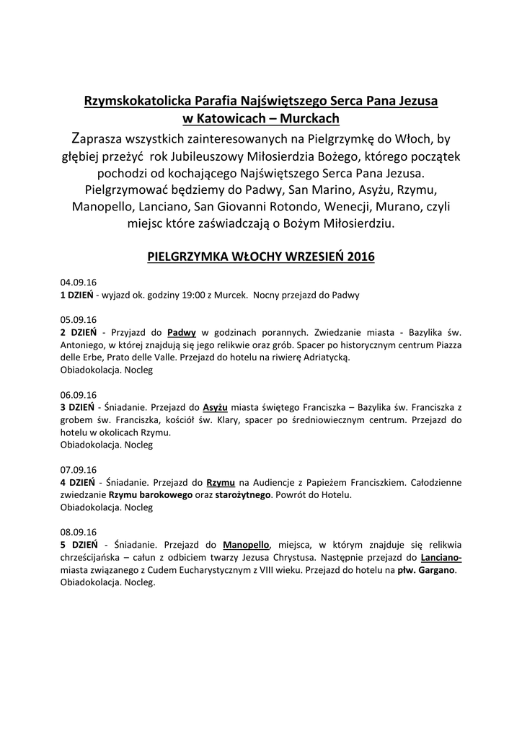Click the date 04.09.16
[x=79, y=282]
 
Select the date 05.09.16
[x=79, y=319]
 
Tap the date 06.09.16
[x=79, y=395]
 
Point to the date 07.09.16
[x=79, y=470]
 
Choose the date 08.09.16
[x=79, y=533]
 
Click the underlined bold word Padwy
[x=182, y=332]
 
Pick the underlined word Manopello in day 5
[x=246, y=545]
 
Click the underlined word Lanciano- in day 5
[x=441, y=558]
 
